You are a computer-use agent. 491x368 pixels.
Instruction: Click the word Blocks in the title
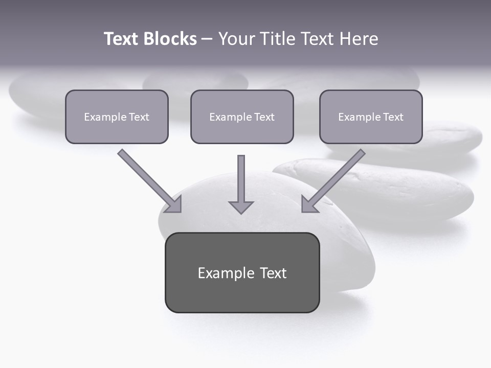(170, 39)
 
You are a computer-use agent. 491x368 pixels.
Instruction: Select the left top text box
(117, 117)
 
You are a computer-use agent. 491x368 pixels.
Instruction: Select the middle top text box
(242, 117)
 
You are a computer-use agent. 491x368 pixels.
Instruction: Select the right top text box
(371, 117)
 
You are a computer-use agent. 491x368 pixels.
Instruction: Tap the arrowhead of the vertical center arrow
(241, 207)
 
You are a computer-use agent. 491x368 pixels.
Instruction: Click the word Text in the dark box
(273, 273)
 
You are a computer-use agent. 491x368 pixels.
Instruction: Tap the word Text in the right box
(393, 117)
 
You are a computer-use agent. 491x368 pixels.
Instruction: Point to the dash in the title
(207, 39)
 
